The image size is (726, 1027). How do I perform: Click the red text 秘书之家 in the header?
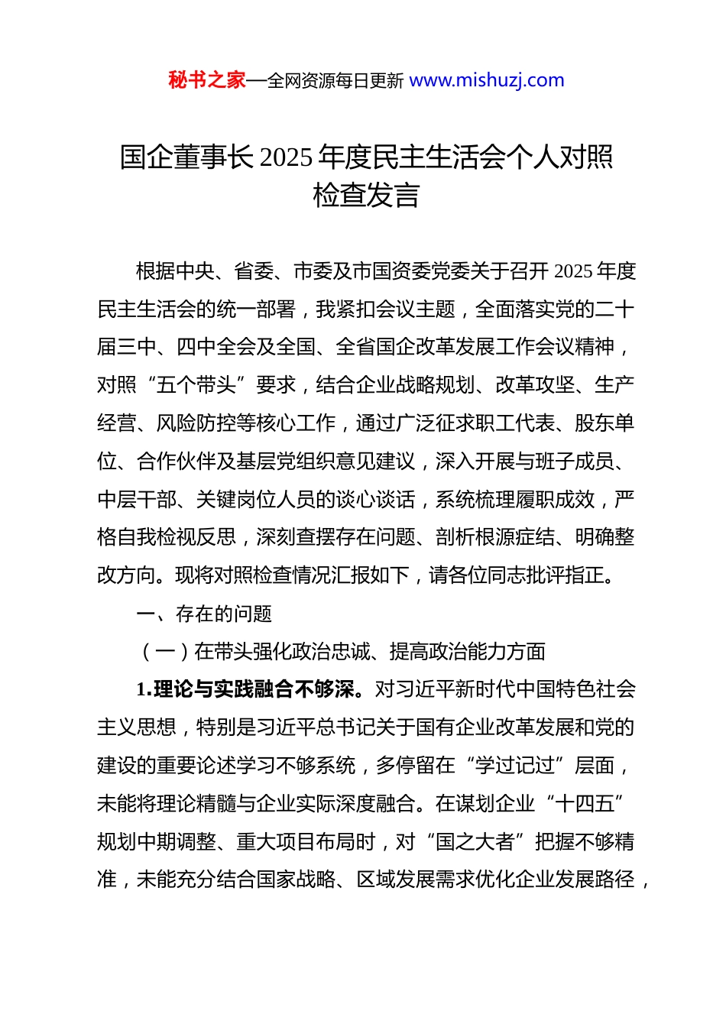(207, 80)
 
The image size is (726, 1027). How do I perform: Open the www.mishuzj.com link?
(487, 80)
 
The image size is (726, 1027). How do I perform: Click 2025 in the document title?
(286, 157)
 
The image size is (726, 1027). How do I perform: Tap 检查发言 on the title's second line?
(366, 196)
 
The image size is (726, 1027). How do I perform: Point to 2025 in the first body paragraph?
(573, 271)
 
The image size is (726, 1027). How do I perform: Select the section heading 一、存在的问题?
(204, 614)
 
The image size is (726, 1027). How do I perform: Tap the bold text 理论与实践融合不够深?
(254, 689)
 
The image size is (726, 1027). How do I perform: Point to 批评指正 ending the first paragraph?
(566, 575)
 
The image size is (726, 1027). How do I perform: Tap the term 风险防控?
(196, 423)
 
